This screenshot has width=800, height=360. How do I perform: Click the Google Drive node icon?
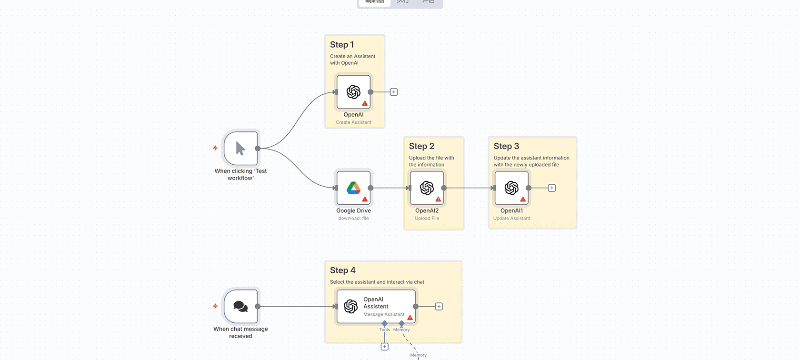coord(353,188)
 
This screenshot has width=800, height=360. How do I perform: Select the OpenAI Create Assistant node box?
coord(353,92)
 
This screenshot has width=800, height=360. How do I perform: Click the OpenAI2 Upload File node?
coord(427,188)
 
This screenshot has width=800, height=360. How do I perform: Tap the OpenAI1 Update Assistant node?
coord(511,188)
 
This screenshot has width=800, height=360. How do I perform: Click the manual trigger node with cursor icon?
coord(240,149)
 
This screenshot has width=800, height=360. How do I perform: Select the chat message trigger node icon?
coord(240,306)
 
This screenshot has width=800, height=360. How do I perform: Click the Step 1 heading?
coord(342,45)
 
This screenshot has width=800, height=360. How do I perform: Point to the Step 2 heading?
coord(421,146)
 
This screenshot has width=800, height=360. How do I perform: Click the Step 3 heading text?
coord(506,146)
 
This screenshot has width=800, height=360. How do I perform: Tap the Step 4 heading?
coord(342,270)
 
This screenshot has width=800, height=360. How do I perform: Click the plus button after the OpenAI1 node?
coord(552,188)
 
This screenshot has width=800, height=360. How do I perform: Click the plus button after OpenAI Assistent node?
coord(439,307)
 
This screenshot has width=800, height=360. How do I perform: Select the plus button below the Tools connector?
coord(385,347)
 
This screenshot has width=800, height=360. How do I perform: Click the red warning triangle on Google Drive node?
coord(365,200)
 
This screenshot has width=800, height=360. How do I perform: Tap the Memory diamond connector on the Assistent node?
coord(401,324)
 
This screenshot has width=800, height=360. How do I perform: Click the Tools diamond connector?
coord(385,324)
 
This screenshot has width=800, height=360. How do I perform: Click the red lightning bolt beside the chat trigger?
coord(215,306)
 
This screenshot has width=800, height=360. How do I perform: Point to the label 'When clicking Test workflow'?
coord(240,174)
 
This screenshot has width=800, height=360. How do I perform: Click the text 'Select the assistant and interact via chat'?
coord(377,282)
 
